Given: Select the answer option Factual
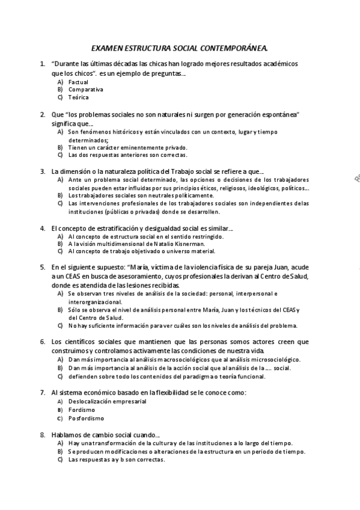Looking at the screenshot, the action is [x=78, y=82].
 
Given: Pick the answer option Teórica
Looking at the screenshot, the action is [x=79, y=97].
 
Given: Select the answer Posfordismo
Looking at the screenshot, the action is [x=86, y=418].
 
